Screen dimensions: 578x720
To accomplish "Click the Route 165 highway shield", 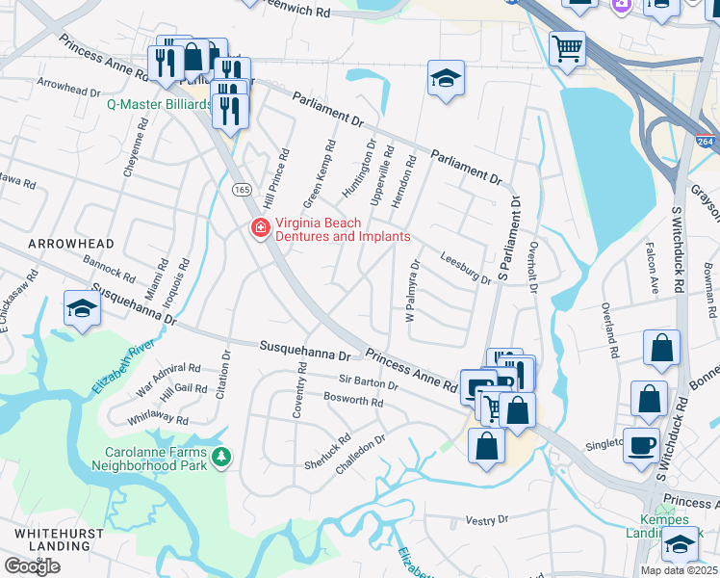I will [240, 191].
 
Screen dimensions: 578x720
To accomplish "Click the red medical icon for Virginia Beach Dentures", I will [259, 228].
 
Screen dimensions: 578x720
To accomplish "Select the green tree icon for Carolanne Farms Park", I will [222, 455].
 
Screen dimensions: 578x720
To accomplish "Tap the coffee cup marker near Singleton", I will [642, 446].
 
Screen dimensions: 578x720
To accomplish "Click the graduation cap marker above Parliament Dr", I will [446, 79].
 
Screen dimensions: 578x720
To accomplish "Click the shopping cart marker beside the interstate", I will [568, 47].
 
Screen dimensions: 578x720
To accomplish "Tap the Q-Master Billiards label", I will [158, 104].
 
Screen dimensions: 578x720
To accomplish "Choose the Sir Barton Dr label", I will [368, 383].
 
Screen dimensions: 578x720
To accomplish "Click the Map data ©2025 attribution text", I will [679, 570].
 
